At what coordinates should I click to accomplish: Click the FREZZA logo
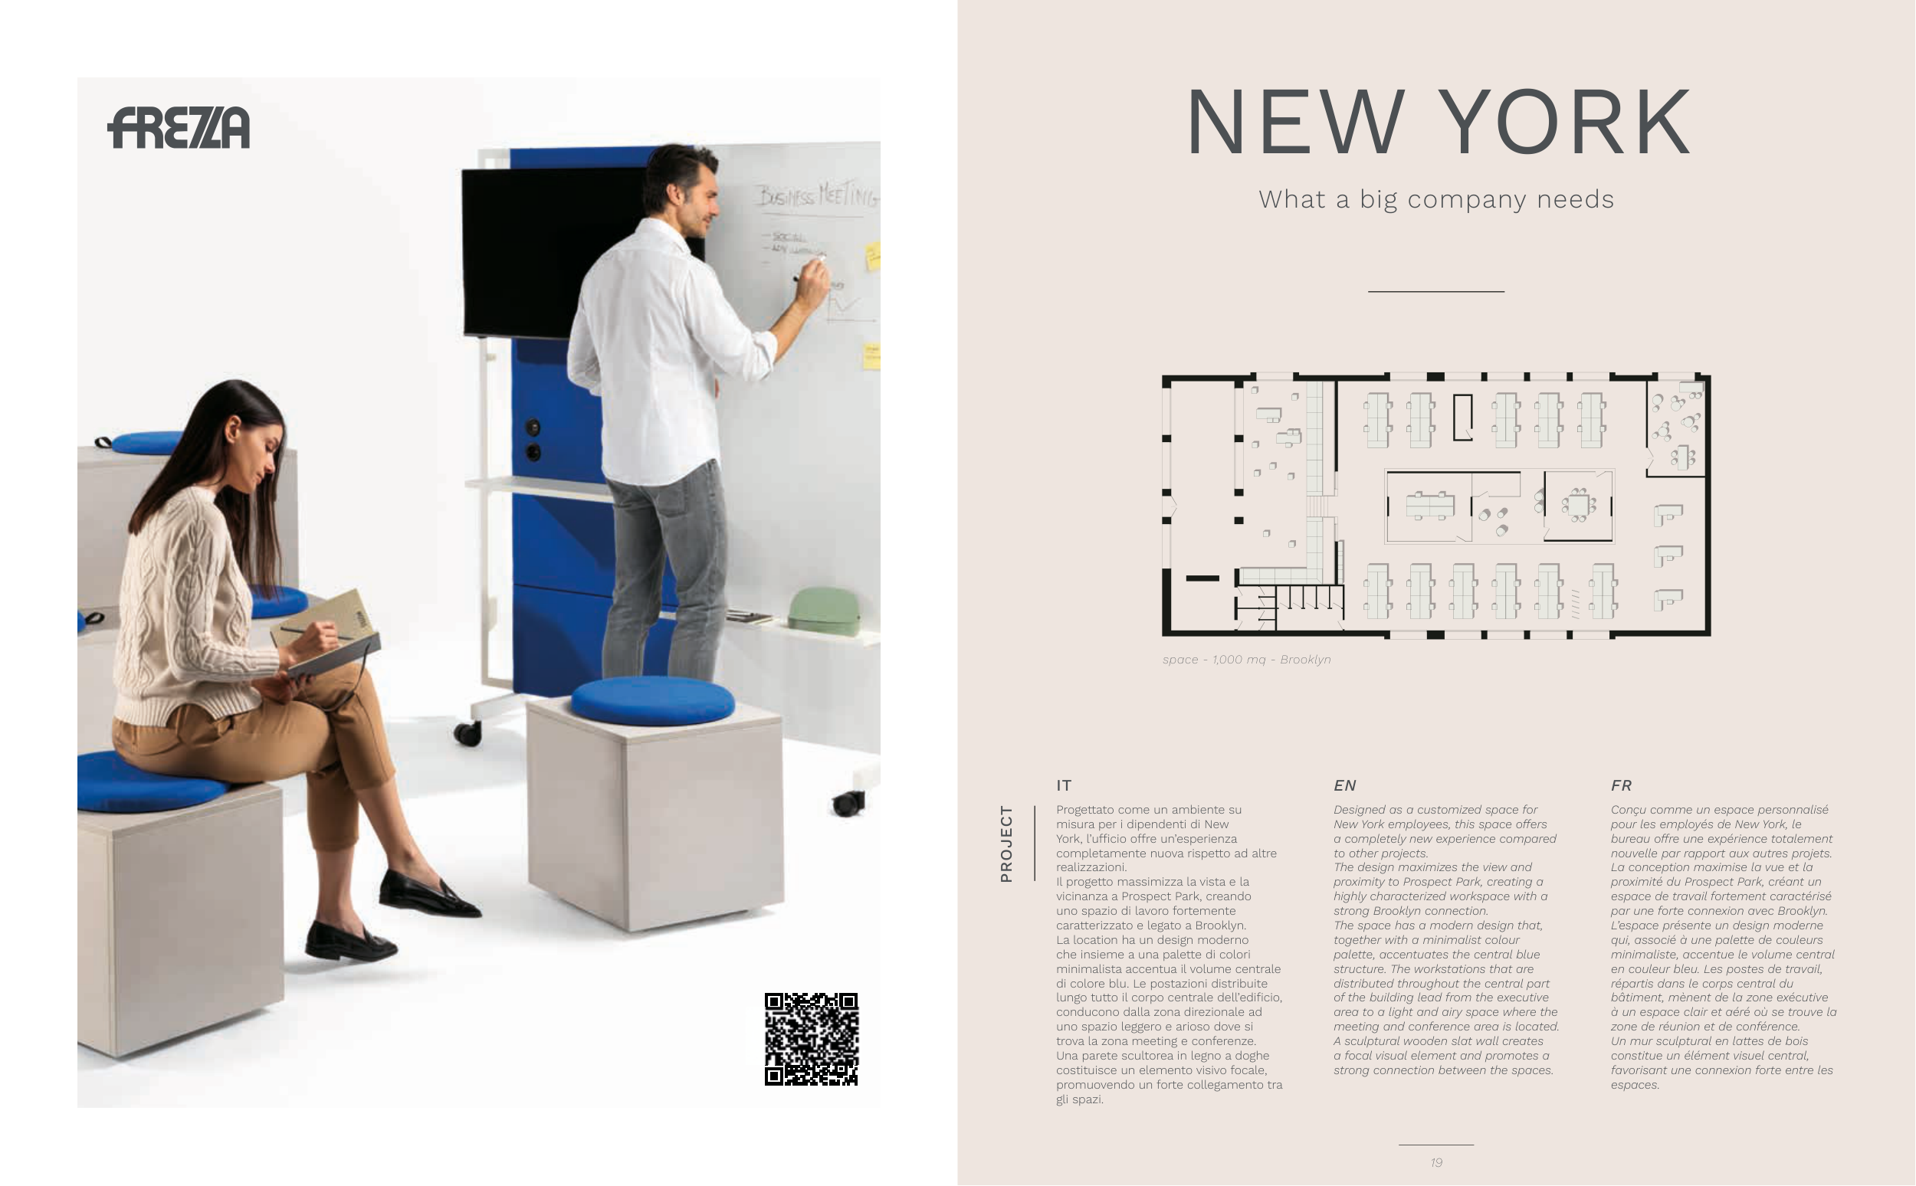tap(179, 128)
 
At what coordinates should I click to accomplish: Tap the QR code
tap(812, 1040)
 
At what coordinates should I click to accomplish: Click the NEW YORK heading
tap(1439, 123)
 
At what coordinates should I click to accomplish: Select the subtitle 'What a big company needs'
tap(1436, 199)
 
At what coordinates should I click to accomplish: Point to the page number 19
tap(1436, 1162)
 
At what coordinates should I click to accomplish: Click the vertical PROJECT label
tap(1006, 844)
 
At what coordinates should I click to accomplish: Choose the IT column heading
tap(1064, 785)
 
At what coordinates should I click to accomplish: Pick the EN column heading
tap(1345, 785)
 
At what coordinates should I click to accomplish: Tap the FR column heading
tap(1621, 785)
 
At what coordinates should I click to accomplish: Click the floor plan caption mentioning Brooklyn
tap(1247, 660)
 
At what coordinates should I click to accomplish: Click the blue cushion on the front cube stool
tap(653, 700)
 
